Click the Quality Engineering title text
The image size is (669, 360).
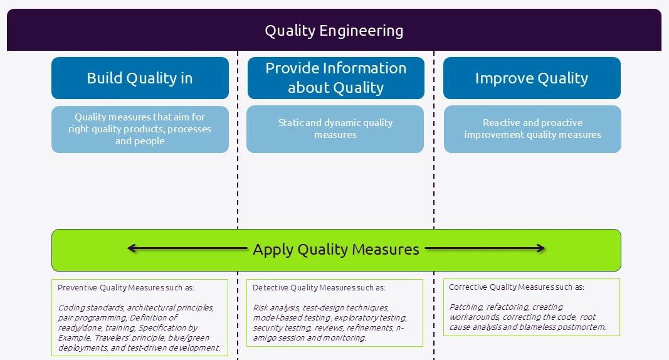coord(334,30)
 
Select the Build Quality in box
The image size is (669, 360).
coord(140,78)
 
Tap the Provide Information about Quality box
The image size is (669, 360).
coord(335,78)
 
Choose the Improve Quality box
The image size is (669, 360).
coord(532,78)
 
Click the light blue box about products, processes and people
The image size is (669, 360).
coord(140,129)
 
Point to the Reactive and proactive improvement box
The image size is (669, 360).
coord(532,129)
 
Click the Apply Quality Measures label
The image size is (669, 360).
coord(335,249)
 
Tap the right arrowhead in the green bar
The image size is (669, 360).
coord(541,248)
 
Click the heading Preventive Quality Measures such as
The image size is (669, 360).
coord(126,288)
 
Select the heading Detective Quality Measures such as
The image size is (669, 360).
coord(319,287)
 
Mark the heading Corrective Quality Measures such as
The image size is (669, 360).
coord(517,287)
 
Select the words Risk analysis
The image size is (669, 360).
coord(276,307)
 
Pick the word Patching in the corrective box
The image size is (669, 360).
coord(466,307)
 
